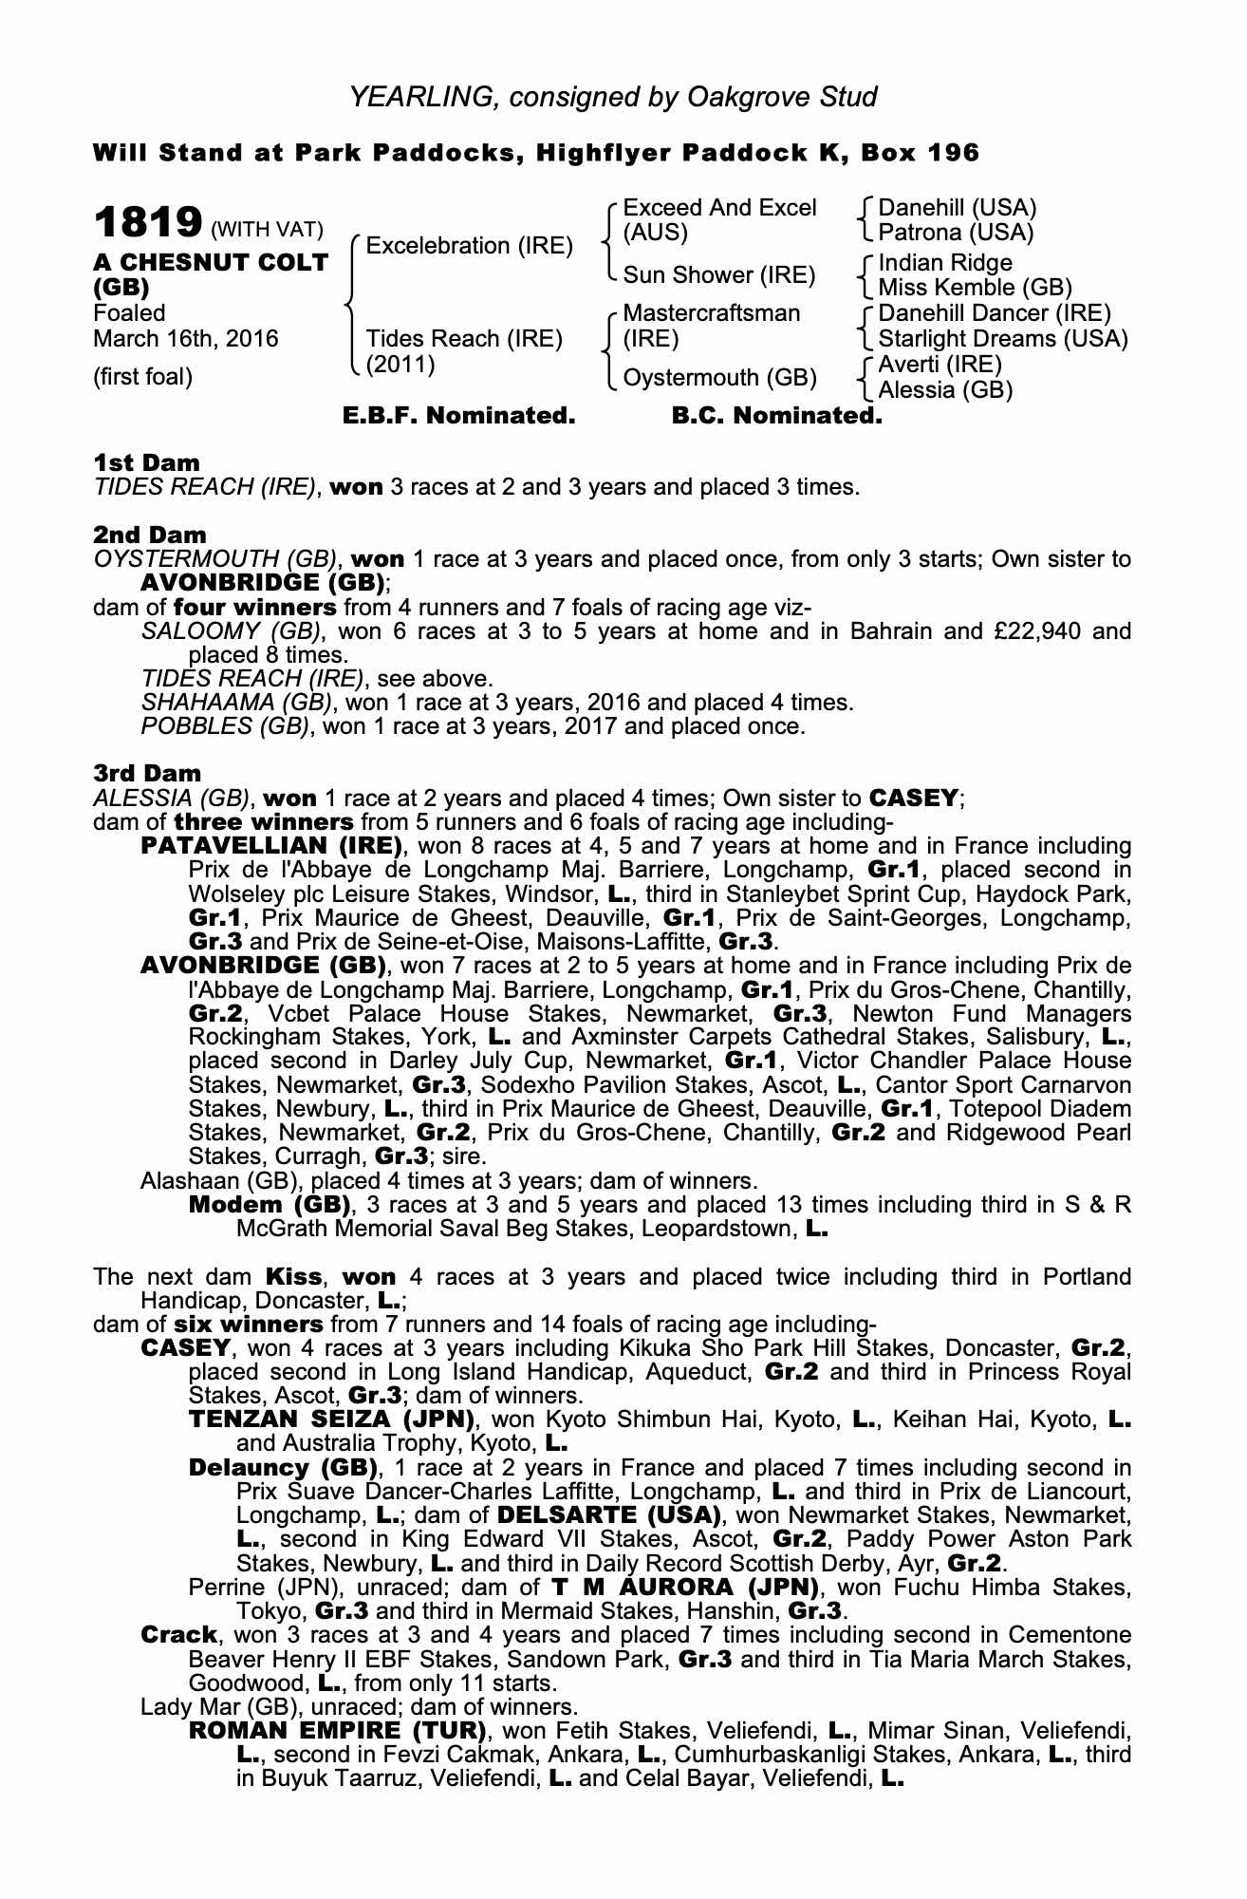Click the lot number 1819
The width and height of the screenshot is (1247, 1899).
tap(147, 223)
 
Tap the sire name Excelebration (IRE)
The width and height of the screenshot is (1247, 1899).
tap(469, 246)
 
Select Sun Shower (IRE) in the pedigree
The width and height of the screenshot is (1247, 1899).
tap(718, 275)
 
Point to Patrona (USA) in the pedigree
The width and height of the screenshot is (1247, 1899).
tap(956, 233)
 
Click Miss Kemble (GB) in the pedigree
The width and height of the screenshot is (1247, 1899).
tap(975, 288)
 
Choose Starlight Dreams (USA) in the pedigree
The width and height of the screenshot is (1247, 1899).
tap(1003, 339)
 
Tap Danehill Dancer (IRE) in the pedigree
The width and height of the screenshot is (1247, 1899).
tap(994, 313)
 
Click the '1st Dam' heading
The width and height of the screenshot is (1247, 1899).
tap(146, 463)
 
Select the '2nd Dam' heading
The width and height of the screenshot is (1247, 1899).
tap(149, 536)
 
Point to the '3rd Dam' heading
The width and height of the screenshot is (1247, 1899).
tap(147, 774)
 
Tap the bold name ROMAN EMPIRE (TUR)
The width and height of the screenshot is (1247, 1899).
tap(339, 1730)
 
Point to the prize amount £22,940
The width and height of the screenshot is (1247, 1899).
tap(1021, 631)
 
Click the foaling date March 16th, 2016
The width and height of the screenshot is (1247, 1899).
tap(186, 339)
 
